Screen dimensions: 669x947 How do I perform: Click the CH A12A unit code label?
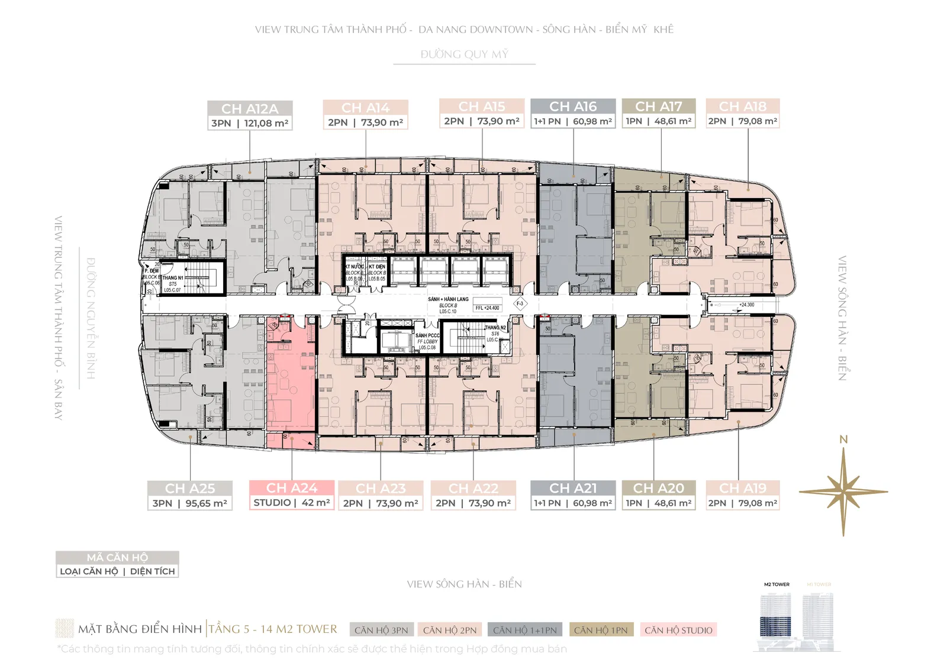250,109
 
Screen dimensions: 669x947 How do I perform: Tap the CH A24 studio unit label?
292,488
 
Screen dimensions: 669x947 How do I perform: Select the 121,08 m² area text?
266,123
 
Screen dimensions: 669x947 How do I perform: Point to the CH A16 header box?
573,106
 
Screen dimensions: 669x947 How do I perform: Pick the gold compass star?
843,492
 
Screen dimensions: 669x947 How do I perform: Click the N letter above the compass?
843,439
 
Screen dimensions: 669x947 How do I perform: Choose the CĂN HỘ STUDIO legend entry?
678,630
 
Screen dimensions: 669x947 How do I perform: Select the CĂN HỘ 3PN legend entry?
381,630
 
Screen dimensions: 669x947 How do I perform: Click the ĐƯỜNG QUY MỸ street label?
465,54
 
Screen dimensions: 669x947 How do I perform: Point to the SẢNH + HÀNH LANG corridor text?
448,299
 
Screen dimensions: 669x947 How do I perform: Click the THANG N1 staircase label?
173,278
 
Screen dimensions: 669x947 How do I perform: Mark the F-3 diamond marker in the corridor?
520,303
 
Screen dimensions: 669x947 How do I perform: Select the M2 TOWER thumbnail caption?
777,584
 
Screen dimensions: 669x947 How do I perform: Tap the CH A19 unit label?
743,488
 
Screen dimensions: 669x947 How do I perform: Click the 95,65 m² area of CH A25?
206,503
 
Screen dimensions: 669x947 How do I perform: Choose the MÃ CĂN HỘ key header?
117,557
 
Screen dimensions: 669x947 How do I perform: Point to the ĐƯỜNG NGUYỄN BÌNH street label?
91,318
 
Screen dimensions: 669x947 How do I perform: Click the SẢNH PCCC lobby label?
427,335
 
